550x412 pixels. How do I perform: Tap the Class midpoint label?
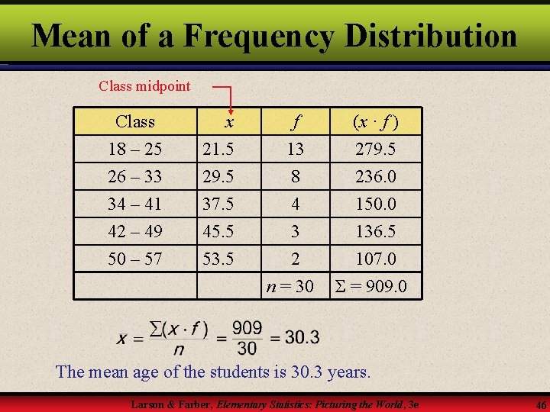point(144,85)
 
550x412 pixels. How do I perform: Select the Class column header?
point(134,121)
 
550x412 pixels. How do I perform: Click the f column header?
point(294,121)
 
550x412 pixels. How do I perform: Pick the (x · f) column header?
point(374,121)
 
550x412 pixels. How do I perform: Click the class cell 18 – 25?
point(134,149)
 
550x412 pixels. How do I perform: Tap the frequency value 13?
point(294,149)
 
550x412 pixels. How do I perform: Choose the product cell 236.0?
point(376,176)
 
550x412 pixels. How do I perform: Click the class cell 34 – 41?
point(134,204)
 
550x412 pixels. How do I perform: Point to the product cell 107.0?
point(376,259)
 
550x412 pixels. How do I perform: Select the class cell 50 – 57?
point(134,259)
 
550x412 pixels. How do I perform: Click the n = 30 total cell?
point(290,286)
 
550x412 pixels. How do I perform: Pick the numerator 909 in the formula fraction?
point(247,329)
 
